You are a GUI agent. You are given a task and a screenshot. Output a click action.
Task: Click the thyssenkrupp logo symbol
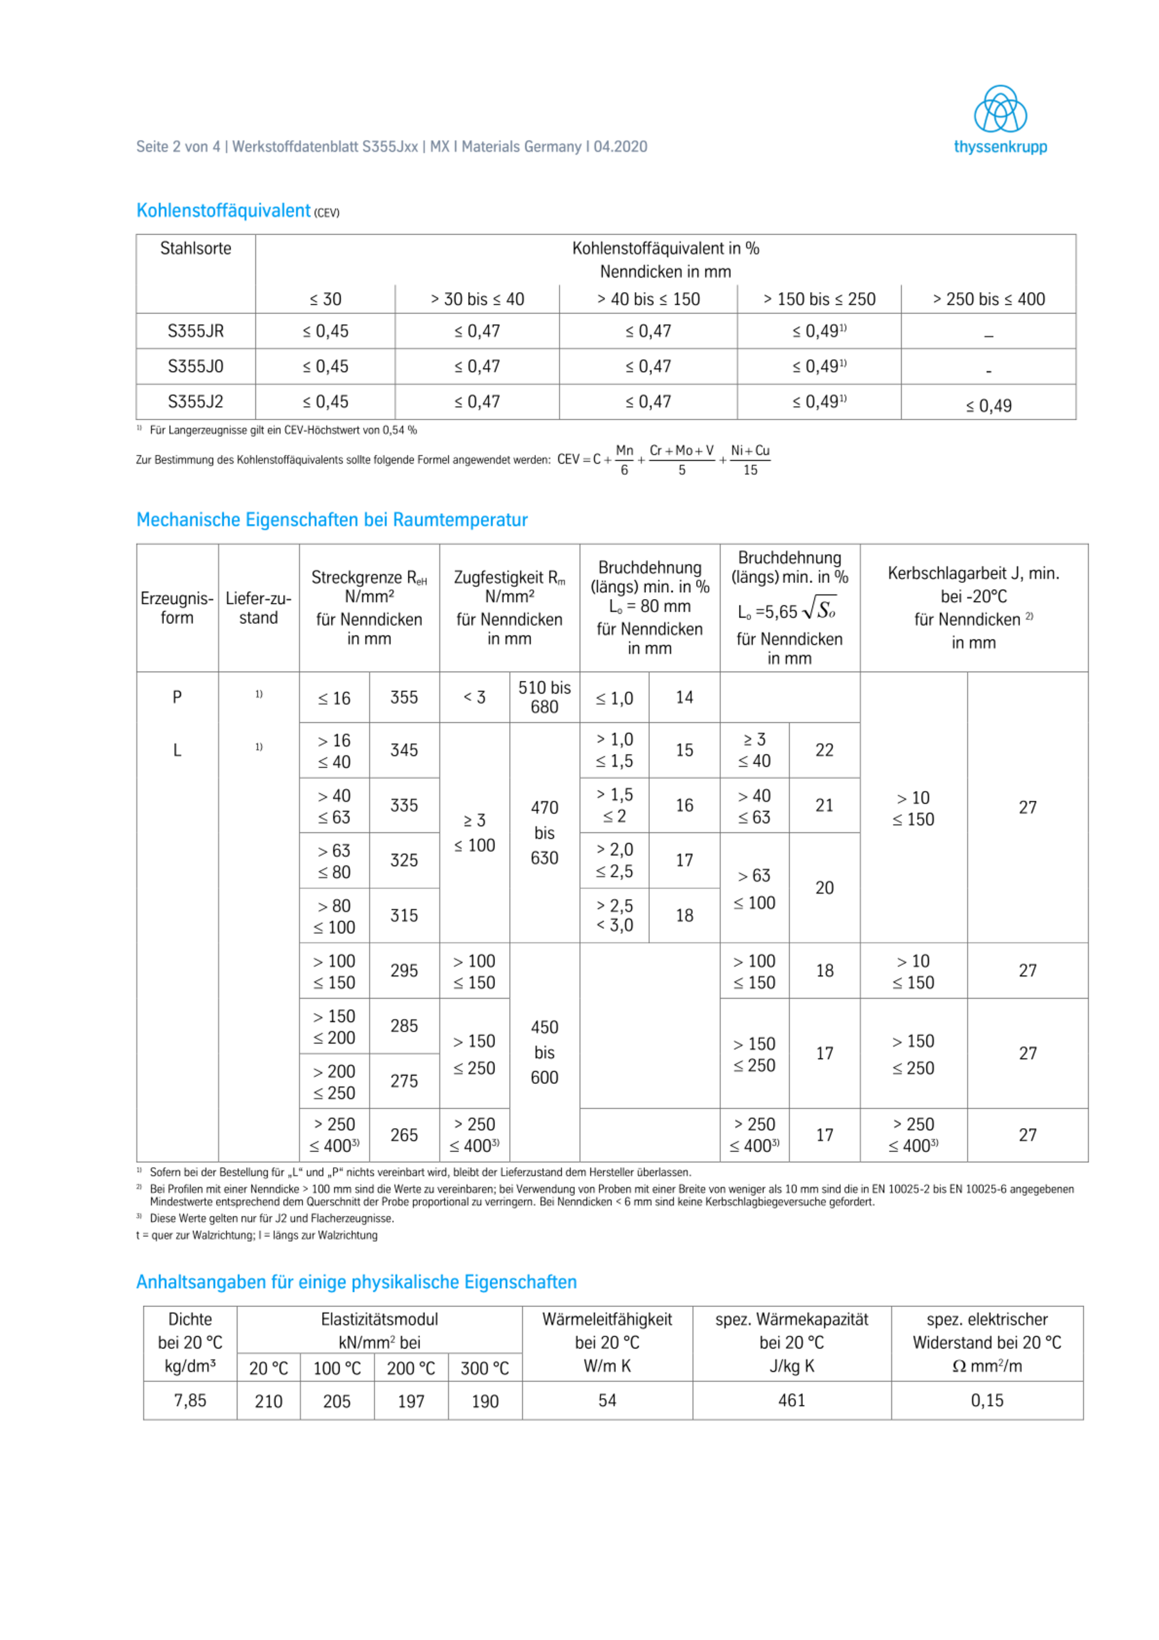click(1000, 110)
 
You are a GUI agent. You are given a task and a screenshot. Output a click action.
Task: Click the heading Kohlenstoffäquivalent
click(223, 211)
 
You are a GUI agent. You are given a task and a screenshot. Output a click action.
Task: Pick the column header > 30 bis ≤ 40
click(477, 299)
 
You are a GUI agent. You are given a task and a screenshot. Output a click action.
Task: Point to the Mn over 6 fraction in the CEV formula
click(624, 460)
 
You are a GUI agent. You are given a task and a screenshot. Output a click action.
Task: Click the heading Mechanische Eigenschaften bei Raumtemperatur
click(331, 520)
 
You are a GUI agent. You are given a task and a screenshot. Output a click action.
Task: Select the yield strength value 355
click(403, 697)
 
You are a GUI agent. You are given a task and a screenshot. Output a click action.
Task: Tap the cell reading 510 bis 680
click(544, 697)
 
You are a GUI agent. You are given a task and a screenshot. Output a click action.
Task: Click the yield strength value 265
click(403, 1135)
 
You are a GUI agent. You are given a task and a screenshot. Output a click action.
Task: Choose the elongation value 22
click(824, 750)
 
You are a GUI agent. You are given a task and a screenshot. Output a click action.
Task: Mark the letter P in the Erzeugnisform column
click(177, 697)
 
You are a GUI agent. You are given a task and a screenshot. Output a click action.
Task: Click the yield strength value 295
click(403, 971)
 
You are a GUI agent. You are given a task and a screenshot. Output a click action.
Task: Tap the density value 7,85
click(190, 1400)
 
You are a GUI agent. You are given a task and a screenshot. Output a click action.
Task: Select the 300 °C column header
click(484, 1368)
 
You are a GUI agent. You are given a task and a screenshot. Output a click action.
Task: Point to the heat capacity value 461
click(791, 1400)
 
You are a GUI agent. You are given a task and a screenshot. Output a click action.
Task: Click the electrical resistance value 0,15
click(987, 1400)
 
